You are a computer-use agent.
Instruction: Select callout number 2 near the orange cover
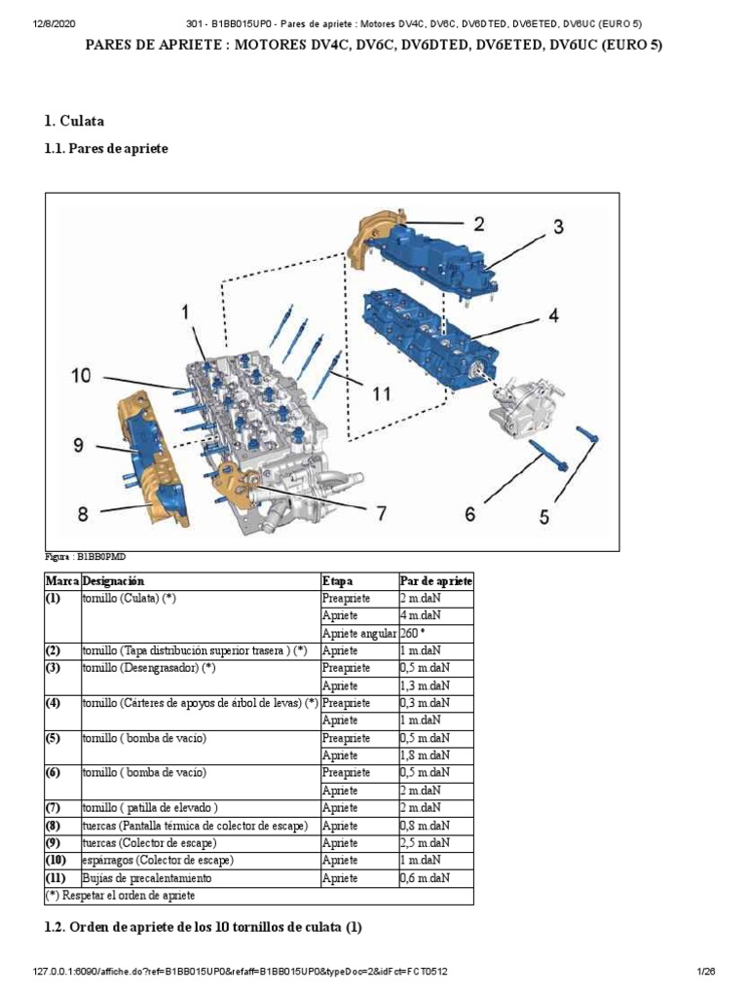click(x=478, y=223)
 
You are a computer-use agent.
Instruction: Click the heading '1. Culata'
click(x=74, y=122)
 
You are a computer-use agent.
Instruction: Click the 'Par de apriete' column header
click(x=435, y=580)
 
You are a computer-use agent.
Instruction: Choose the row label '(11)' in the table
click(x=57, y=877)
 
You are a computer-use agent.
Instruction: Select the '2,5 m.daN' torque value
click(x=426, y=842)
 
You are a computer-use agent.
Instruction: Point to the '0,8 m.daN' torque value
click(x=426, y=825)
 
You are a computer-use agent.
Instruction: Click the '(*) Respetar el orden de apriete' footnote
click(x=120, y=895)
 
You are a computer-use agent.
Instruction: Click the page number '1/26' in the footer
click(x=707, y=972)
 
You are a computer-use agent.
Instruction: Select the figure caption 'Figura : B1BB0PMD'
click(x=86, y=557)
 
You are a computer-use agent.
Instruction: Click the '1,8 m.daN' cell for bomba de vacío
click(x=426, y=755)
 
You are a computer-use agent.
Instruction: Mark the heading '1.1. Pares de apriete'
click(x=106, y=149)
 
